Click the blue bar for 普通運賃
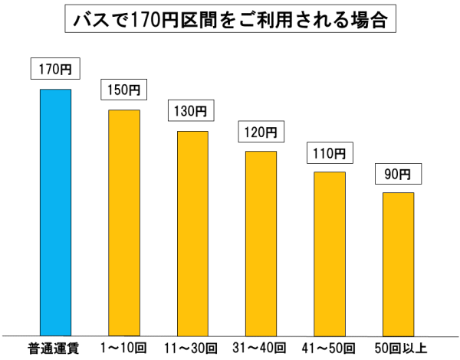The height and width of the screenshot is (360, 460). (x=55, y=211)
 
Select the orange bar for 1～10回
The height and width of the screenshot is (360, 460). (x=124, y=222)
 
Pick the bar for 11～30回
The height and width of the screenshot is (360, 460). (x=192, y=232)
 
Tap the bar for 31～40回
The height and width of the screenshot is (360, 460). (x=261, y=242)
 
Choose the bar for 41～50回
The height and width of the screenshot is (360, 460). (x=330, y=253)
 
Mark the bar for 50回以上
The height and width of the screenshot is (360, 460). (x=398, y=263)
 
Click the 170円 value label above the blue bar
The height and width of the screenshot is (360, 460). (x=55, y=70)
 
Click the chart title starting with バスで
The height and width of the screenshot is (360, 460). (x=230, y=21)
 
